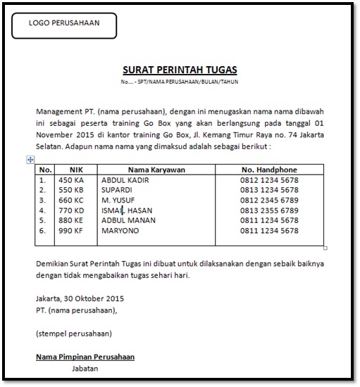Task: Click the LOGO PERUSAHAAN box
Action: [64, 25]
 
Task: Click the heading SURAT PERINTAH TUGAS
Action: [180, 70]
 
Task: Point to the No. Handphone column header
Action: [269, 170]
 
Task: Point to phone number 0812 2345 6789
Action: [268, 200]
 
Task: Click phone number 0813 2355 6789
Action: [268, 210]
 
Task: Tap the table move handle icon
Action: [30, 160]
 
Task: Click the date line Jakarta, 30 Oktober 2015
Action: [77, 298]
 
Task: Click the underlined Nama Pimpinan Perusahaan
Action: [85, 357]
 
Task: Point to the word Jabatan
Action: [85, 368]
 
